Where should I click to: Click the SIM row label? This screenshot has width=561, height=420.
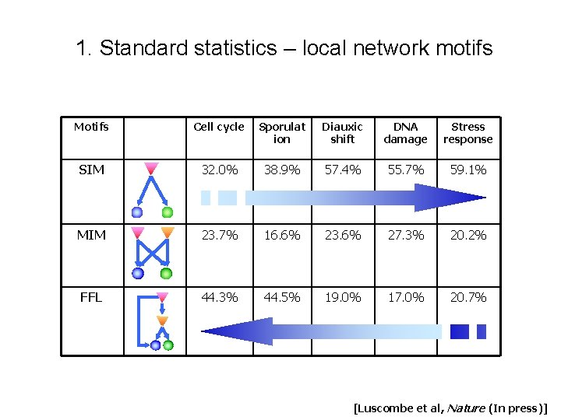tap(91, 170)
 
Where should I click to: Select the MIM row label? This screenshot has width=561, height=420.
tap(91, 235)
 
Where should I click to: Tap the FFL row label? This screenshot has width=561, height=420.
tap(91, 297)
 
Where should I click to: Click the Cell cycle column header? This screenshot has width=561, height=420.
tap(218, 127)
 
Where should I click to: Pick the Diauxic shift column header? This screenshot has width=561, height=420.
tap(342, 133)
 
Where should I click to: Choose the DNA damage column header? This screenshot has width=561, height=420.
tap(405, 133)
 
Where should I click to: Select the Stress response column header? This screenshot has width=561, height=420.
tap(467, 133)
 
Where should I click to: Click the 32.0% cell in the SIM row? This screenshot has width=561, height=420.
tap(219, 170)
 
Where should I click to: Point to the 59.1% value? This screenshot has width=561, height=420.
tap(467, 170)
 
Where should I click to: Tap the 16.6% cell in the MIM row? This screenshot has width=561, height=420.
tap(281, 235)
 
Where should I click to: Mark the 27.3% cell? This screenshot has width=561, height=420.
tap(405, 235)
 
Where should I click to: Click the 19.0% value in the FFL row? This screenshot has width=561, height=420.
tap(342, 297)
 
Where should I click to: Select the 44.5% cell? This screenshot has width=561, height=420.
tap(281, 297)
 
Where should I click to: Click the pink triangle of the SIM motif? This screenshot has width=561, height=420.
tap(152, 167)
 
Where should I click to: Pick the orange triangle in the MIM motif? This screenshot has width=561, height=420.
tap(167, 232)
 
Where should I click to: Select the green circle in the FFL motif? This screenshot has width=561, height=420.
tap(168, 345)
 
